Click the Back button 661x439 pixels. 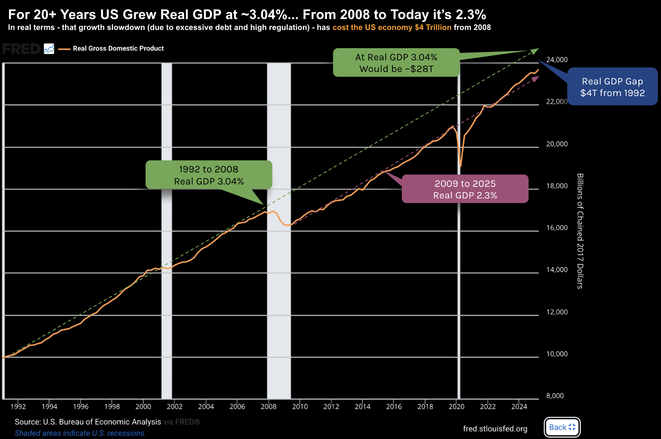pos(562,427)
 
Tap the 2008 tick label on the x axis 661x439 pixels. pos(269,407)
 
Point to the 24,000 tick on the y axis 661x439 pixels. pos(557,60)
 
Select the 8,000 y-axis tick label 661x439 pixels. pos(555,396)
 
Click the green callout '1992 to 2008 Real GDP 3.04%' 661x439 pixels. pos(209,175)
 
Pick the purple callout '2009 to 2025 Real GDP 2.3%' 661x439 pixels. pos(465,189)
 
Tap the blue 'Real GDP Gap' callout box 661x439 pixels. pos(612,87)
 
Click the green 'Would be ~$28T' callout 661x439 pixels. pos(396,63)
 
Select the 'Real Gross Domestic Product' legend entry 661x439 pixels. pos(118,49)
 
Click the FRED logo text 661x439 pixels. pos(21,49)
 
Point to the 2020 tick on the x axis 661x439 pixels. pos(456,407)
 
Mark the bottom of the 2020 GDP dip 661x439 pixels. pos(461,166)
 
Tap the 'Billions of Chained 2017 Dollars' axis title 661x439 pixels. pos(580,231)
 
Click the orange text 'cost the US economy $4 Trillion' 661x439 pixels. pos(392,28)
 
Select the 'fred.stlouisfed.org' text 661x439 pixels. pos(495,429)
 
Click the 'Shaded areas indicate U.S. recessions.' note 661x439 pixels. pos(80,433)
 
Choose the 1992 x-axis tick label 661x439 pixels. pos(18,407)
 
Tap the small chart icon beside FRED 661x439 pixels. pos(49,49)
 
